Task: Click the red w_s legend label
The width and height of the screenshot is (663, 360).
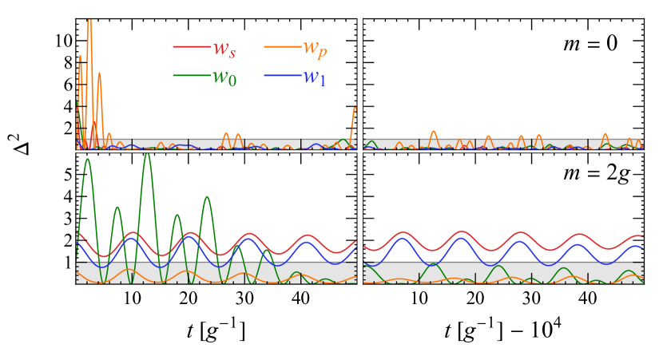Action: (224, 48)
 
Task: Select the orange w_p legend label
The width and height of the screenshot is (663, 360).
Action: (314, 48)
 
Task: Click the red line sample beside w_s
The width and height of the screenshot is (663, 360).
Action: (190, 47)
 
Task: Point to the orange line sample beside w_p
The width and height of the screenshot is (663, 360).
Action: (280, 47)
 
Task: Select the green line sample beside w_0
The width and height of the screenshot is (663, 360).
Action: (190, 76)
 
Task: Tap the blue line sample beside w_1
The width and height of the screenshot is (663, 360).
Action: (280, 76)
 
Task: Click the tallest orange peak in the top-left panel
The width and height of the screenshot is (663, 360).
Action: (89, 22)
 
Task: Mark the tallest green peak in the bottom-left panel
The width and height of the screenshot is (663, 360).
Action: (147, 155)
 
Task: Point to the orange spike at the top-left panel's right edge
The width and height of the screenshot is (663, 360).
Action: (354, 109)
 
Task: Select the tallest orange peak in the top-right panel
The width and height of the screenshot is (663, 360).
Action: (433, 132)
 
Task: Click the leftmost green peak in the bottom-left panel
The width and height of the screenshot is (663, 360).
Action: (87, 160)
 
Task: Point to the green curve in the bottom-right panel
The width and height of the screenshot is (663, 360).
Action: (497, 267)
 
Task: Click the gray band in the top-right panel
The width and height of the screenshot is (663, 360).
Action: (559, 143)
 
